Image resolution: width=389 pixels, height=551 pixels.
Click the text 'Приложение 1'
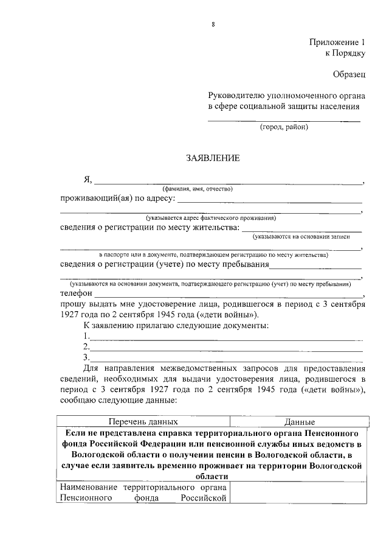point(336,43)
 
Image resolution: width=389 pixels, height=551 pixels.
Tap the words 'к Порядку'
point(345,54)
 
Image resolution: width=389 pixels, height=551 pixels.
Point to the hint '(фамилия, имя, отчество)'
point(198,189)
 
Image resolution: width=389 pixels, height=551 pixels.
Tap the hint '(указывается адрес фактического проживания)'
point(211,217)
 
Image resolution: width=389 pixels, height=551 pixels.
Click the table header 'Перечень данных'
point(143,421)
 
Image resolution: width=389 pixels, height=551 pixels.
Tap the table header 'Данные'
point(299,421)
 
